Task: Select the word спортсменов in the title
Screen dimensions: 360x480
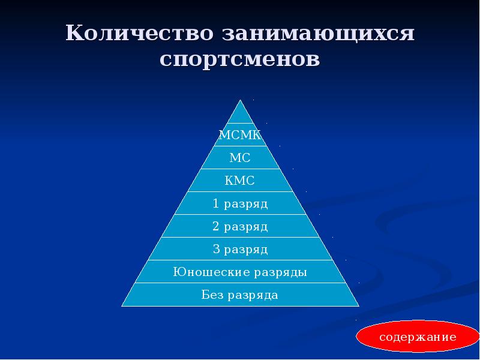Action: tap(240, 60)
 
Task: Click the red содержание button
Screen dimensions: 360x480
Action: tap(417, 337)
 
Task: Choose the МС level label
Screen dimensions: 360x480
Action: tap(240, 158)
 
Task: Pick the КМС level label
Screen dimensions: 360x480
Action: tap(240, 181)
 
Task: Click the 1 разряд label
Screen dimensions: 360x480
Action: tap(240, 204)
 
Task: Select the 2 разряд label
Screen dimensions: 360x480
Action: tap(240, 227)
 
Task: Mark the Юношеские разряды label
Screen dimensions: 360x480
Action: tap(240, 272)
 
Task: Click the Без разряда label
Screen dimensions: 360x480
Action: tap(240, 295)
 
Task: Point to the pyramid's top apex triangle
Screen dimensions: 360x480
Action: tap(240, 117)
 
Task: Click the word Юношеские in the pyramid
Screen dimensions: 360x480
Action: tap(205, 272)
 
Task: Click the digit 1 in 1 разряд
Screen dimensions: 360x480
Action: tap(216, 204)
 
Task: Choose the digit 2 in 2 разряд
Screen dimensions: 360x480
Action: tap(216, 227)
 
